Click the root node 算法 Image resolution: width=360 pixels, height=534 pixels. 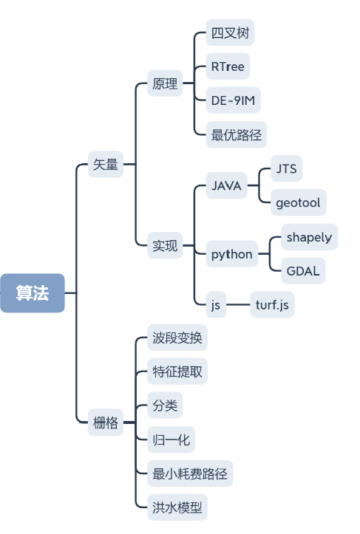tap(33, 293)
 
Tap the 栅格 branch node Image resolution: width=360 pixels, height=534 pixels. tap(105, 423)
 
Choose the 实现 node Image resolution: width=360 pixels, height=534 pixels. tap(165, 246)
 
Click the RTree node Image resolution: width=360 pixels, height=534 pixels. tap(227, 67)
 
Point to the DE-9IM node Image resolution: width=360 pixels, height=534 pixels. tap(235, 101)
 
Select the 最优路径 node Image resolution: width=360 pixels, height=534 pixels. tap(236, 135)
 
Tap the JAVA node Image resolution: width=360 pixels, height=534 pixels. tap(226, 186)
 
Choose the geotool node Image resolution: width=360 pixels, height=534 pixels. tap(297, 202)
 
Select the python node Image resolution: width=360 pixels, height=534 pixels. tap(231, 255)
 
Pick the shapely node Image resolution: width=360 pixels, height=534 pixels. tap(309, 237)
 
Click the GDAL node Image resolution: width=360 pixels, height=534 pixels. tap(302, 271)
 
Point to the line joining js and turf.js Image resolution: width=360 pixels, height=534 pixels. tap(237, 304)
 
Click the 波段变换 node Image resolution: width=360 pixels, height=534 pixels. tap(175, 338)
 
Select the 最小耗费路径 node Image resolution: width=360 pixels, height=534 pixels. tap(192, 474)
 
